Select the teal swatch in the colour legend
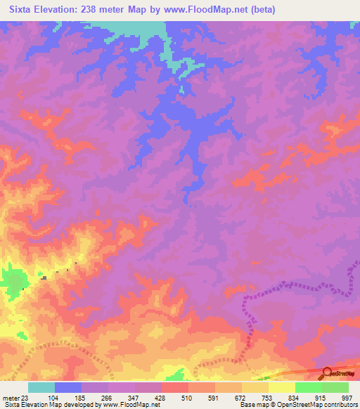coord(41,387)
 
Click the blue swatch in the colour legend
coord(68,387)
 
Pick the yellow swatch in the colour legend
coord(281,387)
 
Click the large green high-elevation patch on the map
coord(10,281)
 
